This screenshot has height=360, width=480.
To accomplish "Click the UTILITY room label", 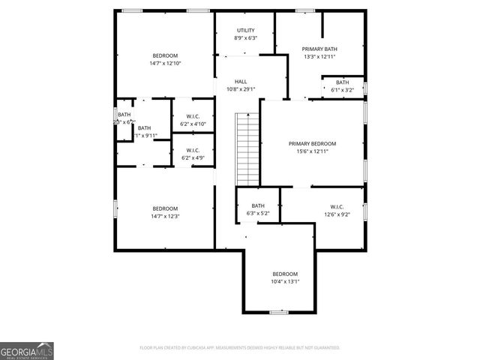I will pos(245,30).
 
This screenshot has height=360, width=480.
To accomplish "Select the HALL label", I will pos(241,82).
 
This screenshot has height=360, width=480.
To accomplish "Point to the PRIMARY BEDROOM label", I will pos(313,143).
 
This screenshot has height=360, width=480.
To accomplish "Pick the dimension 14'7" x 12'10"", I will pos(165,63).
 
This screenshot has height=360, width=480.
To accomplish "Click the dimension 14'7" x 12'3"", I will pos(165,216).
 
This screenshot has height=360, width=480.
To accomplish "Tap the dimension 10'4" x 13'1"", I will pos(285,281).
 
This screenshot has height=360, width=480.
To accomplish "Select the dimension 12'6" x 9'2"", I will pos(337,214).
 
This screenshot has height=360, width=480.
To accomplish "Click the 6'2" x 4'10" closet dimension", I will pos(193,123).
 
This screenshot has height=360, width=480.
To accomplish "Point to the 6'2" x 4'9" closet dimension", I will pos(193,157).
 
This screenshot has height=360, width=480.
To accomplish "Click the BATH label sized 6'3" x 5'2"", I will pos(258,206).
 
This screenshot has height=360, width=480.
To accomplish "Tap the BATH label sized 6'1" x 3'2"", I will pos(342,82).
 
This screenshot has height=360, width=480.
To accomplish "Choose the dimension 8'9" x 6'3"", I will pos(245,37).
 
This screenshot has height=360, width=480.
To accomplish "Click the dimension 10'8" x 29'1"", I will pos(241,89).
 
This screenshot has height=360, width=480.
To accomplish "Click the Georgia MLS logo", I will pos(26,351).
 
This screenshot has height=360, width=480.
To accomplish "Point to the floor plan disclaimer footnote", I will pos(240,348).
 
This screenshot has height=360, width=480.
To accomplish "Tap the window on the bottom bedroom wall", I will pos(279,313).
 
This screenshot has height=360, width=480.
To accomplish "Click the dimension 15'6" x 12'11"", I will pos(313,151).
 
